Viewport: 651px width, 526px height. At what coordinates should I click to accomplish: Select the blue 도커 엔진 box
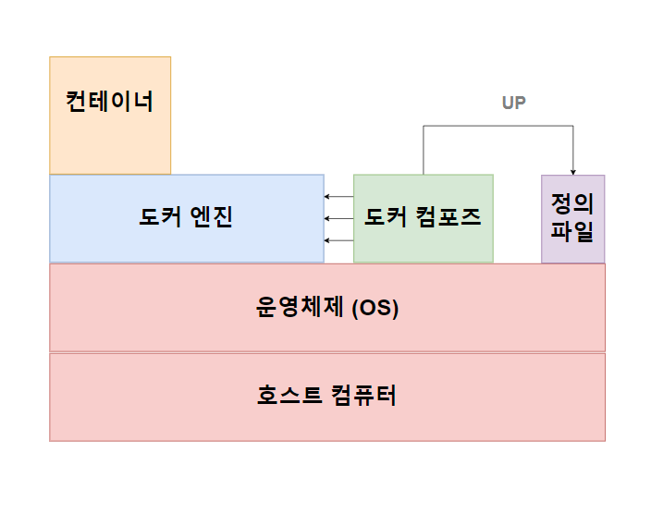click(186, 218)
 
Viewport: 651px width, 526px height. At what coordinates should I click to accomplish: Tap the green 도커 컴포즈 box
click(423, 218)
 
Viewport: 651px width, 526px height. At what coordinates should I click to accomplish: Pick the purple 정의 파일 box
click(572, 218)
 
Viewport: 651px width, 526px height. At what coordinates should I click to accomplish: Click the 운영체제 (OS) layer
click(327, 307)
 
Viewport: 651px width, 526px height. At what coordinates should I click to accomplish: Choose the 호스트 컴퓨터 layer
click(327, 397)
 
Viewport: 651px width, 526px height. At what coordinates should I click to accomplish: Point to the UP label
click(514, 103)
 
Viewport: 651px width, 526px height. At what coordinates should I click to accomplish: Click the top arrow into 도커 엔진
click(338, 197)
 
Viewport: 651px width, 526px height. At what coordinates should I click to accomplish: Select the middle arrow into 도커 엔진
click(338, 219)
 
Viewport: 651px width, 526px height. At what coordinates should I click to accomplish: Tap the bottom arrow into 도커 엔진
click(338, 240)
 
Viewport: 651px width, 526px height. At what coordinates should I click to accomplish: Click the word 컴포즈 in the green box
click(449, 218)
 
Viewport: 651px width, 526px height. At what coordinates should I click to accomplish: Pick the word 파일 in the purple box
click(572, 231)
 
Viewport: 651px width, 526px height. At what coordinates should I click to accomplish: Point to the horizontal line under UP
click(498, 126)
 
